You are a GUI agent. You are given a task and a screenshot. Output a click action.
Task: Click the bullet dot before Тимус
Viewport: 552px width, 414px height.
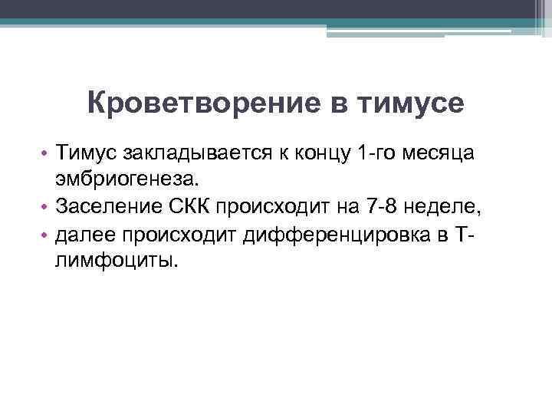pyautogui.click(x=45, y=154)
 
